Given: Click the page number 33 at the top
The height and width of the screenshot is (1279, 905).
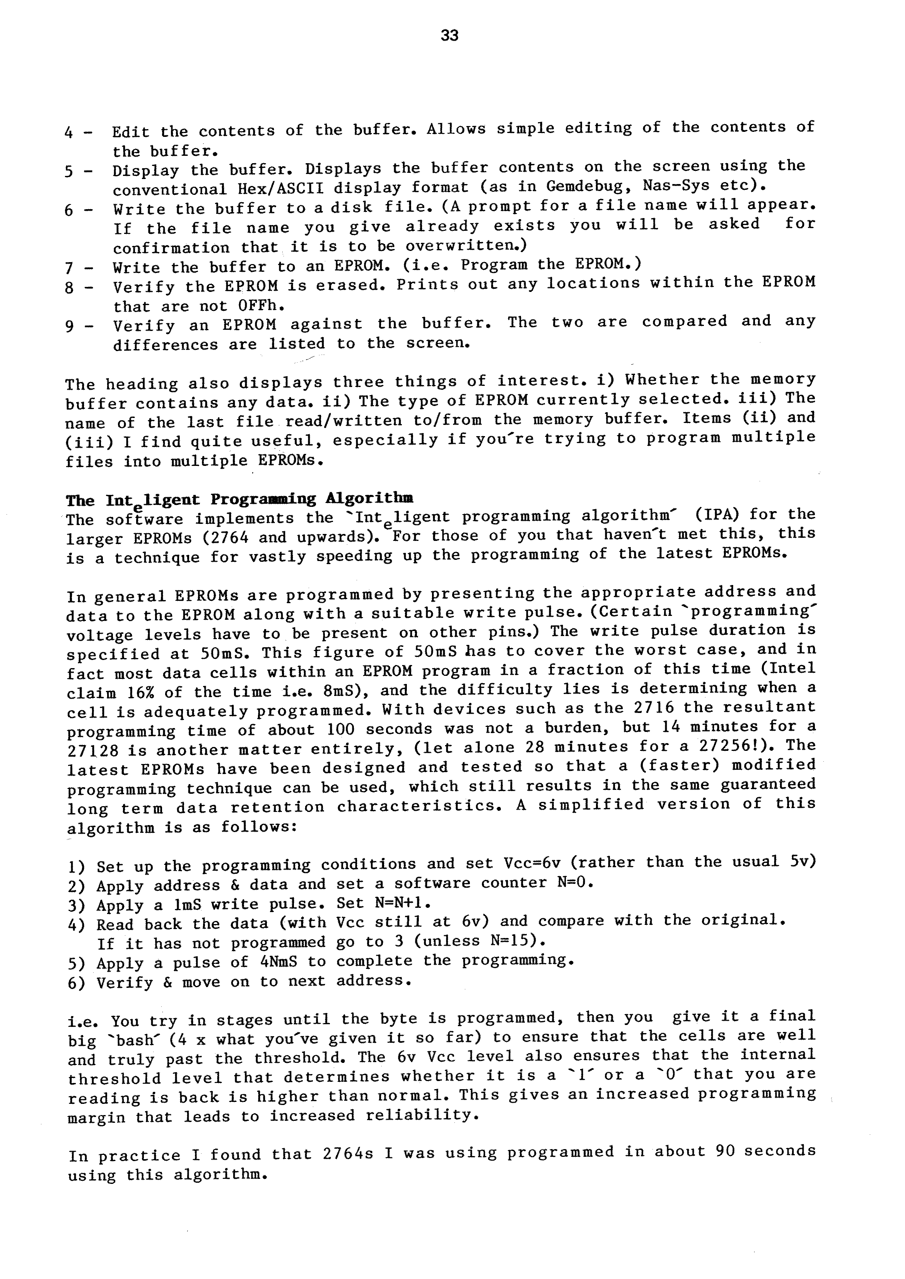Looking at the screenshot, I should coord(449,36).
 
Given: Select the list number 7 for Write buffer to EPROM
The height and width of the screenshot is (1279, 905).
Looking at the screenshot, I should coord(69,268).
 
